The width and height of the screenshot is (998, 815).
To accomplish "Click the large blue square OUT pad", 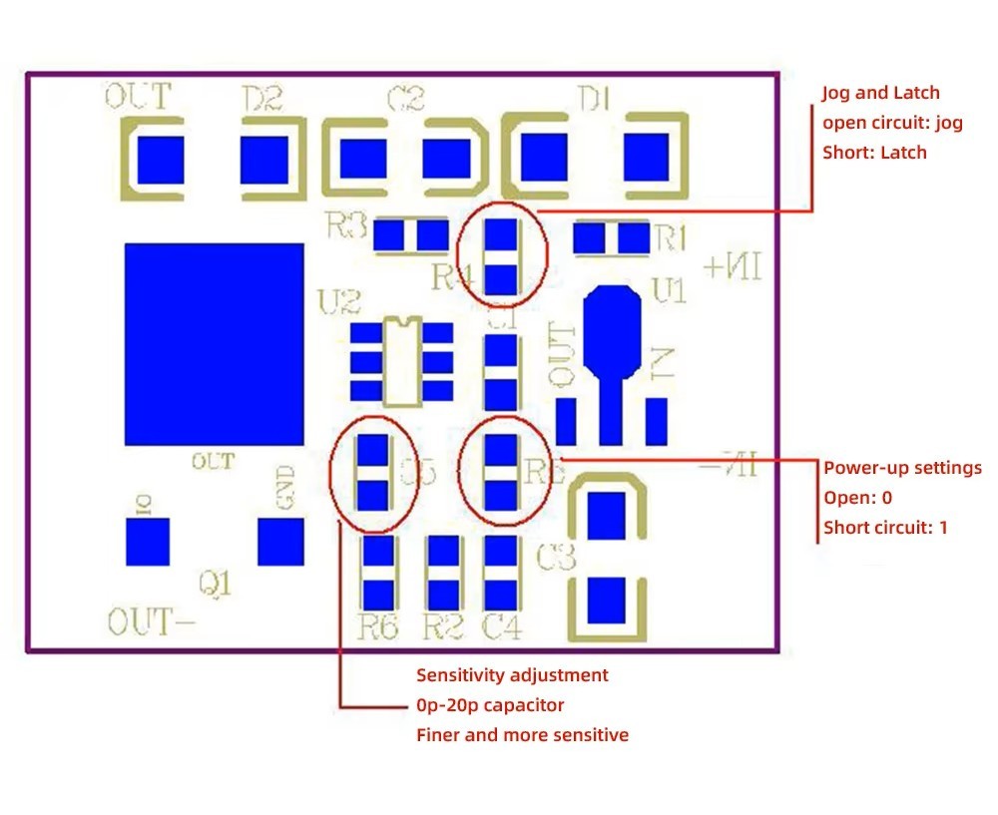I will click(x=214, y=344).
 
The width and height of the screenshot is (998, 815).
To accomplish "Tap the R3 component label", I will click(x=346, y=226).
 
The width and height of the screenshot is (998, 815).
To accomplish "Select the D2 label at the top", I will click(x=262, y=99).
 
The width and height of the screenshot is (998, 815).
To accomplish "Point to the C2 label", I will click(x=404, y=99).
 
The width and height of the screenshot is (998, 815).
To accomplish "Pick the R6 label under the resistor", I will click(x=378, y=627).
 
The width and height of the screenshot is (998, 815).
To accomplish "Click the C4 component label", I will click(x=502, y=627).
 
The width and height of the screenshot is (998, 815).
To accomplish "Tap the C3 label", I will click(x=556, y=558).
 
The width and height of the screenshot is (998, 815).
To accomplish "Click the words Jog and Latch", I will click(x=881, y=93).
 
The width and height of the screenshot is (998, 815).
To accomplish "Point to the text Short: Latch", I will click(x=874, y=153).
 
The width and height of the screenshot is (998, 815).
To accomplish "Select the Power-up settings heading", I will click(x=902, y=468).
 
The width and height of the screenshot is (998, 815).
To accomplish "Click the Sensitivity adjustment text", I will click(x=512, y=675).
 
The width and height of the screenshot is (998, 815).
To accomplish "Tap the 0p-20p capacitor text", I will click(x=490, y=705).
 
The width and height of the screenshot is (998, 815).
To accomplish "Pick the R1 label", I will click(x=670, y=237).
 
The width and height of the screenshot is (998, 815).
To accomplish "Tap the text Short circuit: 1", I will click(x=885, y=528).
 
